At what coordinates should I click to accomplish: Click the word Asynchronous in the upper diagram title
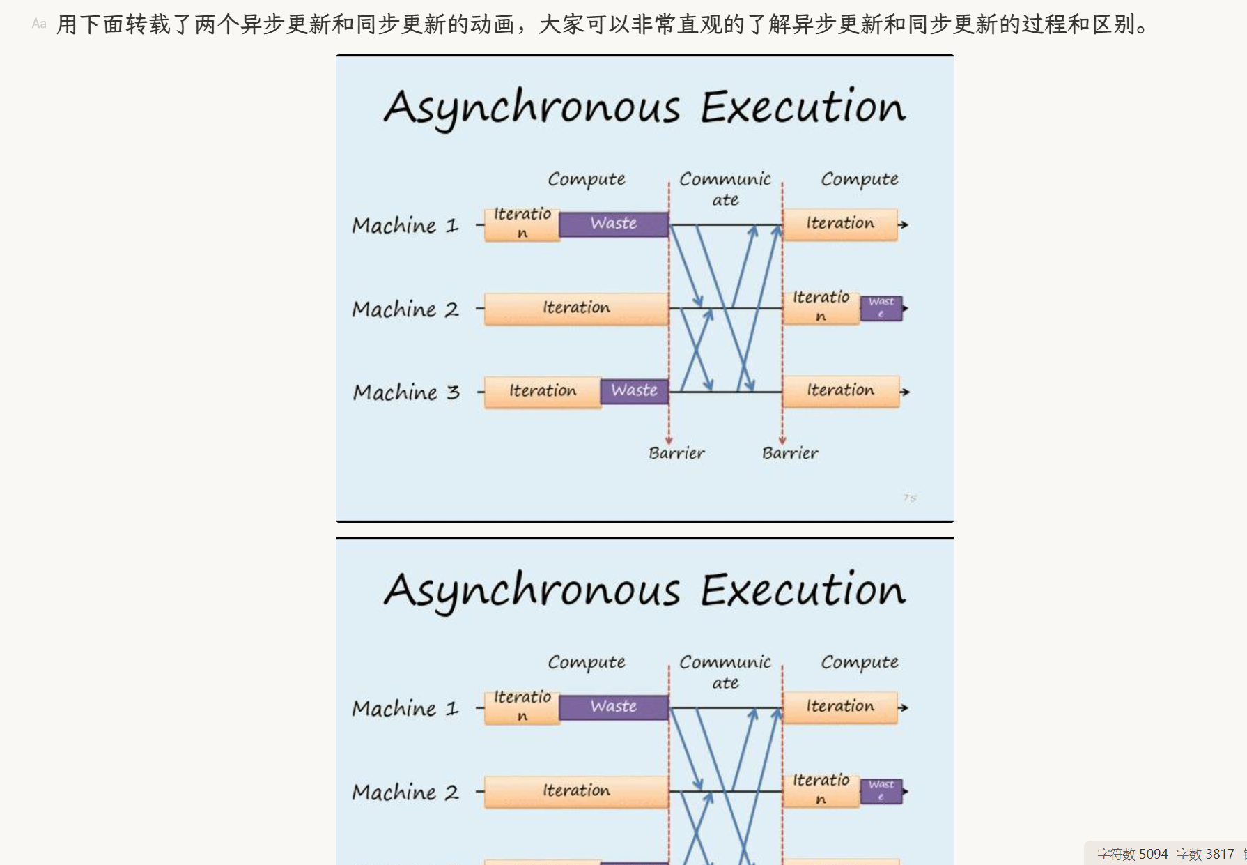pyautogui.click(x=532, y=108)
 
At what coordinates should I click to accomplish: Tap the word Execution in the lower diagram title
pyautogui.click(x=803, y=590)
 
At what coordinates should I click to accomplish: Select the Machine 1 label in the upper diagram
pyautogui.click(x=405, y=225)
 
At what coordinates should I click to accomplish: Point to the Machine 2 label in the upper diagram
pyautogui.click(x=405, y=309)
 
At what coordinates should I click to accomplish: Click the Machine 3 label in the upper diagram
pyautogui.click(x=406, y=392)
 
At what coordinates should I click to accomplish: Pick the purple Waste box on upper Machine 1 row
pyautogui.click(x=613, y=224)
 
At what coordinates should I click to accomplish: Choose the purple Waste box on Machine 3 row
pyautogui.click(x=634, y=390)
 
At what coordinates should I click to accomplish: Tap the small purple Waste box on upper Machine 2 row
pyautogui.click(x=881, y=307)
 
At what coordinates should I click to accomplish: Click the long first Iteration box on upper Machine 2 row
pyautogui.click(x=576, y=308)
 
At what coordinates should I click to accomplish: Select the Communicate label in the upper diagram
pyautogui.click(x=725, y=189)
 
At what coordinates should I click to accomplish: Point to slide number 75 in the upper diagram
pyautogui.click(x=910, y=498)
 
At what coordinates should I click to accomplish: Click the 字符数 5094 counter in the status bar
pyautogui.click(x=1132, y=854)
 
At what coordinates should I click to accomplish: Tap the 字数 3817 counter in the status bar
pyautogui.click(x=1205, y=854)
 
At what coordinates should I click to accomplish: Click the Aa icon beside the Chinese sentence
pyautogui.click(x=39, y=24)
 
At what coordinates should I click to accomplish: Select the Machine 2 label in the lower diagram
pyautogui.click(x=405, y=792)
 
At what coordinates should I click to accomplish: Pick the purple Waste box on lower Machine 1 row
pyautogui.click(x=613, y=707)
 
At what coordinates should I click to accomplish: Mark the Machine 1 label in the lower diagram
pyautogui.click(x=405, y=708)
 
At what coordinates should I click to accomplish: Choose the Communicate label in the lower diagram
pyautogui.click(x=725, y=672)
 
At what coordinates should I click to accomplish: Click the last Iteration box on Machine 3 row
pyautogui.click(x=840, y=390)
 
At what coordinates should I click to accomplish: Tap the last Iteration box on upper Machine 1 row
pyautogui.click(x=840, y=224)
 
